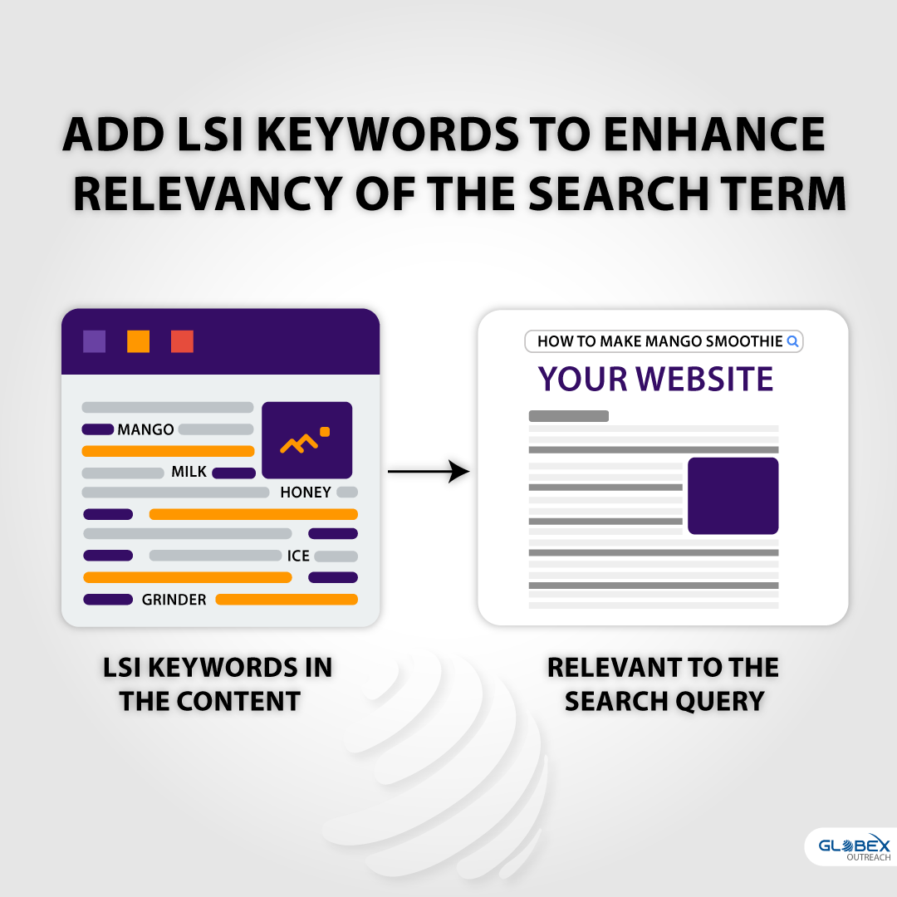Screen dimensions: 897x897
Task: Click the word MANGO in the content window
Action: pos(145,429)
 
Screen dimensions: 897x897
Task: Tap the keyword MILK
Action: pos(189,472)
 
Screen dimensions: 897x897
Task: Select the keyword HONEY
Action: pos(306,492)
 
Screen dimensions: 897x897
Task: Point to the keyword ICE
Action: pos(298,556)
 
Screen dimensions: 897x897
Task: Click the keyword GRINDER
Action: pos(174,600)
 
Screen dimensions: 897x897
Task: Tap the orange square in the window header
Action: pos(138,341)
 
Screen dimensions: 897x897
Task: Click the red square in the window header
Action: pos(182,341)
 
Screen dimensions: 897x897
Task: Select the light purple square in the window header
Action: pos(95,341)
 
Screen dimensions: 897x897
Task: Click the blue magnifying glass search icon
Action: pos(792,341)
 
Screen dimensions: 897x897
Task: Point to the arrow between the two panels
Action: pos(429,472)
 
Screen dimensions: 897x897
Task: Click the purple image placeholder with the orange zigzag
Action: pos(306,440)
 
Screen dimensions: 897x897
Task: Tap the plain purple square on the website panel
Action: pos(733,496)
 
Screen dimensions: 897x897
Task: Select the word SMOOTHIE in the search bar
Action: pos(743,341)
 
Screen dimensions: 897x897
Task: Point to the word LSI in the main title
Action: pos(210,135)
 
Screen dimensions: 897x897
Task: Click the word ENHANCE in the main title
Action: pos(714,135)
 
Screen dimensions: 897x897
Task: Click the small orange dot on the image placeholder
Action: pos(325,432)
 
